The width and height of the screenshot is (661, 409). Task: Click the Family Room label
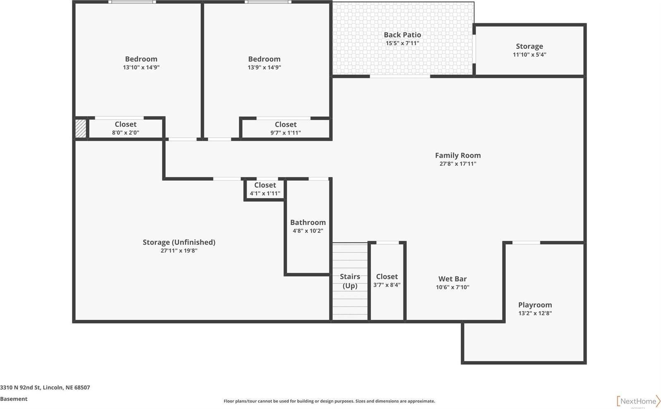pos(457,155)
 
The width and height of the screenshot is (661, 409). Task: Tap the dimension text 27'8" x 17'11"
pos(457,164)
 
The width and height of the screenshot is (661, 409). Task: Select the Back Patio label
pos(402,35)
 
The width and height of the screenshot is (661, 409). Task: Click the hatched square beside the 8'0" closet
pos(81,129)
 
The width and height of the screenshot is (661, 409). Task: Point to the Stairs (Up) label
pos(350,281)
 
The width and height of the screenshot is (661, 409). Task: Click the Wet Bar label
pos(452,279)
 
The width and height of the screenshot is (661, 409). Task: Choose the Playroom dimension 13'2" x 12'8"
pos(535,313)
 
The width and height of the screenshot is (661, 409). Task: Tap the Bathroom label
pos(308,223)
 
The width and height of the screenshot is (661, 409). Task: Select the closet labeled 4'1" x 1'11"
pos(265,189)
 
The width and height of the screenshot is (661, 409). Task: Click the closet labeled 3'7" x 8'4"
pos(387,281)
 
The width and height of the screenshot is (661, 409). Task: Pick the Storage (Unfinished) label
pos(179,242)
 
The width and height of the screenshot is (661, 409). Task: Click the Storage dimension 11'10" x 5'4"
pos(529,55)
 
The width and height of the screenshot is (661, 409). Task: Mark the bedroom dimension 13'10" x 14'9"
pos(141,68)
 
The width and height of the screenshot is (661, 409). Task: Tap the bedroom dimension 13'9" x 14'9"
pos(264,68)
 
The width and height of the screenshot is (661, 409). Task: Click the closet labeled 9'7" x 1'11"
pos(285,128)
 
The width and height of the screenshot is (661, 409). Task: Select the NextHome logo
pos(638,401)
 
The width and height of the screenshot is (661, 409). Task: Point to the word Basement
pos(14,399)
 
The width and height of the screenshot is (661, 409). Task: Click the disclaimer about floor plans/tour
pos(329,401)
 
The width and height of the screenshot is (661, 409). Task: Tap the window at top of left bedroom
pos(132,2)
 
